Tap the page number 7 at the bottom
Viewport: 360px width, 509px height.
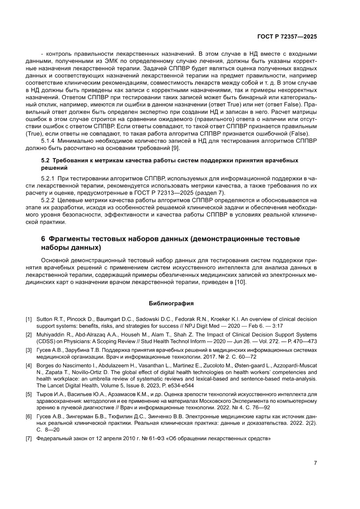[315, 463]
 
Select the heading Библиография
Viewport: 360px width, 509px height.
[171, 303]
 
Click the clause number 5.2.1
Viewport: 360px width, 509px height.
[49, 179]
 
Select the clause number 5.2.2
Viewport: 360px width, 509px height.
[49, 200]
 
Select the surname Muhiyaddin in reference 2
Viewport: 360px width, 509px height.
[52, 334]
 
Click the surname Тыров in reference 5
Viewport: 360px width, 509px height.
[45, 394]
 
